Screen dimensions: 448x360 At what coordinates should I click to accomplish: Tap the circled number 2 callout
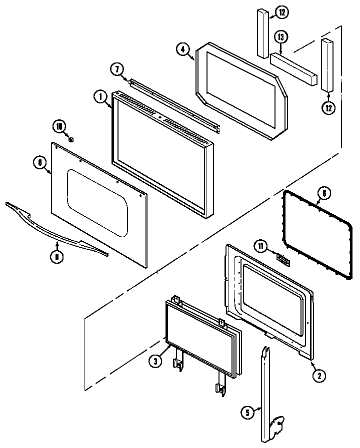[316, 376]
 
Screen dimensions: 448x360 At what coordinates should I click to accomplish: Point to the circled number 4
[183, 49]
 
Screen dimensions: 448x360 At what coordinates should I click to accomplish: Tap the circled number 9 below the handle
[57, 256]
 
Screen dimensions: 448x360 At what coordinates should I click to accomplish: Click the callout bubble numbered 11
[260, 246]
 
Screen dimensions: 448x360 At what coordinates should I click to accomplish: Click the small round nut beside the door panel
[71, 140]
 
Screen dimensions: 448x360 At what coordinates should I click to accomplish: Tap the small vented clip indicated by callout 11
[283, 258]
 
